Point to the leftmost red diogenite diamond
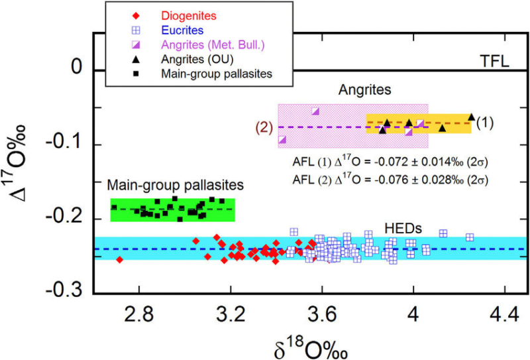pos(119,260)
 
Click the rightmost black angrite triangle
pos(471,117)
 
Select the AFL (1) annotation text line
pos(390,162)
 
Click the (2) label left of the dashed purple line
pos(267,128)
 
